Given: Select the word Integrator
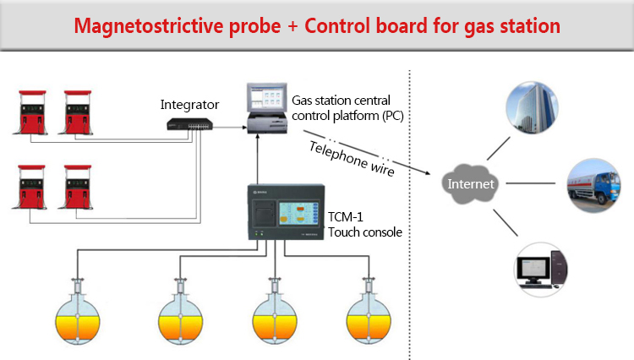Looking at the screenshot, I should pyautogui.click(x=190, y=105).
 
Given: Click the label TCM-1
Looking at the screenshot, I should pyautogui.click(x=346, y=216).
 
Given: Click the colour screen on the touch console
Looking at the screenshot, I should pyautogui.click(x=295, y=211).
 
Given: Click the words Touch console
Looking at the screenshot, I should pyautogui.click(x=364, y=232).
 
